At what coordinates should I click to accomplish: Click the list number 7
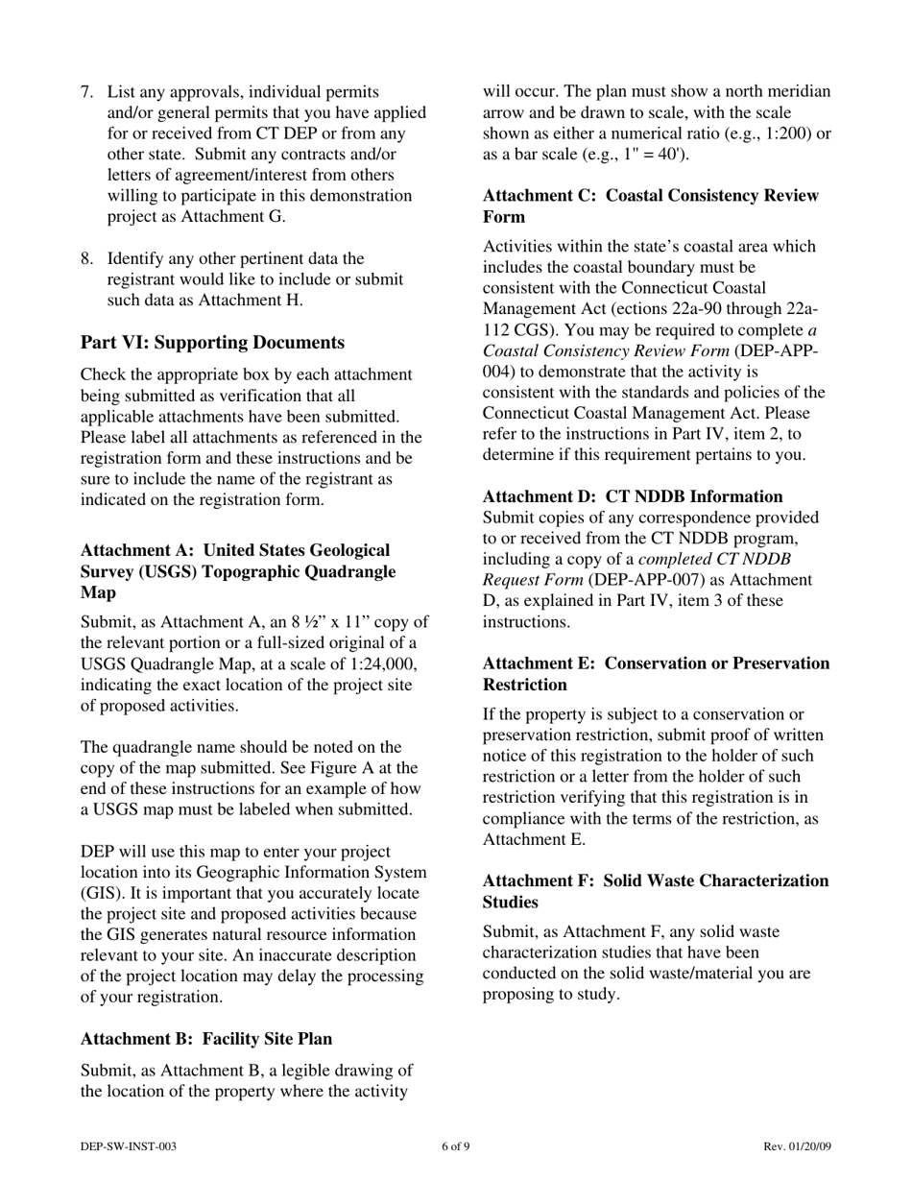coord(86,92)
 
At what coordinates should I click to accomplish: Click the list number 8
coord(86,258)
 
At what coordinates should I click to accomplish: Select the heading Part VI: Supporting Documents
coord(212,343)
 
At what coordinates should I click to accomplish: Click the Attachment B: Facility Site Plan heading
coord(206,1039)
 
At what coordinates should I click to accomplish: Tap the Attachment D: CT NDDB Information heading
coord(633,496)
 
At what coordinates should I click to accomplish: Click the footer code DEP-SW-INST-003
coord(128,1146)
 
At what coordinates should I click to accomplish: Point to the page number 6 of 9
coord(456,1146)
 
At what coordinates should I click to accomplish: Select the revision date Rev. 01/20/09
coord(797,1146)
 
